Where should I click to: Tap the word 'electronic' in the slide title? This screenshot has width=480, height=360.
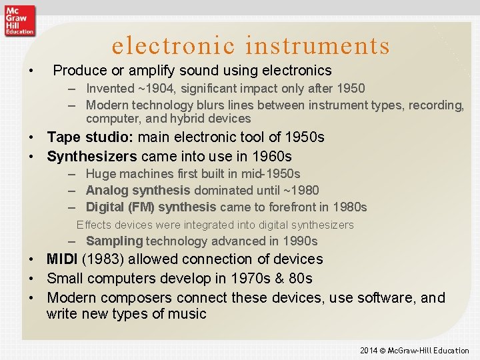coord(174,45)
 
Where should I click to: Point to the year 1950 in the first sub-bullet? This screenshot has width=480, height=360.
coord(351,89)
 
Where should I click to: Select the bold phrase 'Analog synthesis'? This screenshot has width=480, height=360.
coord(138,191)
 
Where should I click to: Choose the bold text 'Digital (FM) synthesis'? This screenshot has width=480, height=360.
coord(151,207)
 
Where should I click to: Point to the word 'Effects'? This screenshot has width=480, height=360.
coord(93,225)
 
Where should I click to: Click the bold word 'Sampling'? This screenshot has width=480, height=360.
coord(115,241)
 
